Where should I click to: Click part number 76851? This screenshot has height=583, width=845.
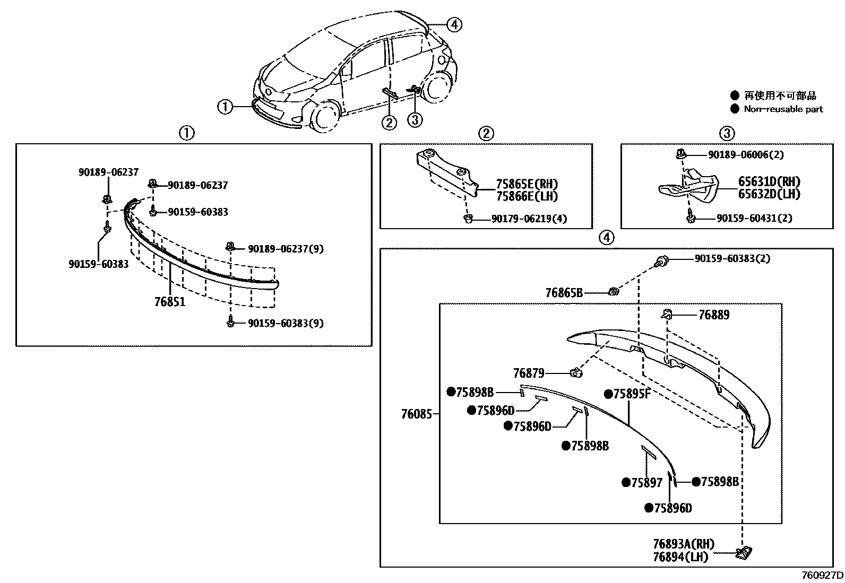coord(170,302)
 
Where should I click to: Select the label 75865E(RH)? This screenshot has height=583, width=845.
coord(527,185)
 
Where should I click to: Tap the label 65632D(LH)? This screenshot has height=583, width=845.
coord(769,194)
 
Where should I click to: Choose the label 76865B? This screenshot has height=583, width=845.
coord(564,293)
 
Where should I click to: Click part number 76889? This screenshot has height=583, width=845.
coord(713,315)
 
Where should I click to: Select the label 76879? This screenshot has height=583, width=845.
coord(528,373)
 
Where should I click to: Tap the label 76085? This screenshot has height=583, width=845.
coord(417,414)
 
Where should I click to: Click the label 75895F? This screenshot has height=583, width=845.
coord(632,394)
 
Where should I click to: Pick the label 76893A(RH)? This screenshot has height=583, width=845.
coord(684,544)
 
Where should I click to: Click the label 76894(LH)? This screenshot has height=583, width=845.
coord(680,556)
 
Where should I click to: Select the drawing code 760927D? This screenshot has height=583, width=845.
coord(822,575)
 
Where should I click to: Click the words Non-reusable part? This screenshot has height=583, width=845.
coord(783,109)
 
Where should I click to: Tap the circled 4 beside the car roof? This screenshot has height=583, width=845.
coord(454,24)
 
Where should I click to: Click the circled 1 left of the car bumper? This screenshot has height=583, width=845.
coord(225,107)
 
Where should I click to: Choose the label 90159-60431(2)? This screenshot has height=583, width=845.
coord(754,219)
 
